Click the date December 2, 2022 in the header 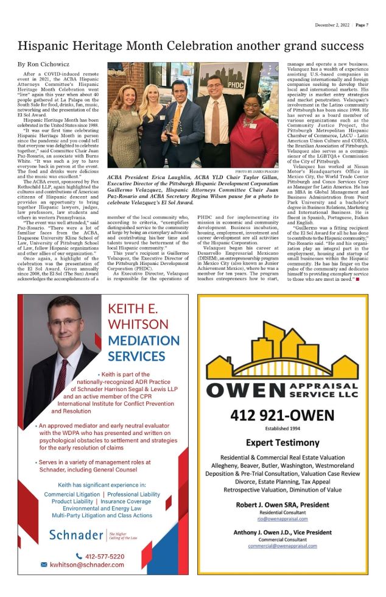[x=333, y=25]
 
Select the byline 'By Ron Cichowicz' [x=43, y=63]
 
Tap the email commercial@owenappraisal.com [x=282, y=546]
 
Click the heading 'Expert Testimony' [x=281, y=442]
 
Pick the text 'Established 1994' [x=282, y=428]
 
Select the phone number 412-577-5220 [x=105, y=556]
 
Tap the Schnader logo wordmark [x=77, y=535]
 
